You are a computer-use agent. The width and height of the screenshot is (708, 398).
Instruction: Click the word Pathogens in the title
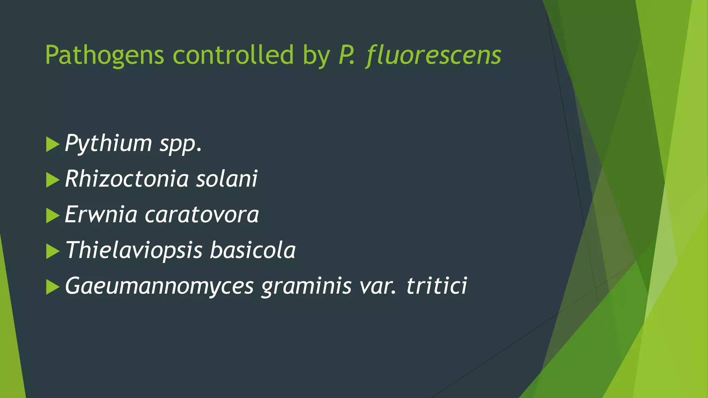click(x=104, y=55)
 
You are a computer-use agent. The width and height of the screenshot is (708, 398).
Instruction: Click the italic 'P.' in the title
click(x=347, y=55)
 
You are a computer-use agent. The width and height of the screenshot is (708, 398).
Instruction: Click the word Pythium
click(x=108, y=143)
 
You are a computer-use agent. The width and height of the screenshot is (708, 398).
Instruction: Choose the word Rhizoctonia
click(x=127, y=179)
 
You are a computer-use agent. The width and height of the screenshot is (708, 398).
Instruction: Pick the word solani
click(x=227, y=179)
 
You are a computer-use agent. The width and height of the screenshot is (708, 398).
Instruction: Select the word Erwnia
click(x=101, y=215)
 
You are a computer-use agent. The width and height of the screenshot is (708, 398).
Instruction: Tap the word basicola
click(x=253, y=250)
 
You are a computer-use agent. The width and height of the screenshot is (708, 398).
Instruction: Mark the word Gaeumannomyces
click(x=159, y=286)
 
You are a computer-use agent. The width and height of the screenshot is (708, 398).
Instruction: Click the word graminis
click(x=306, y=286)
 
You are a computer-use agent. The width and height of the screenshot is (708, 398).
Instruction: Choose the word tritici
click(x=437, y=286)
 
